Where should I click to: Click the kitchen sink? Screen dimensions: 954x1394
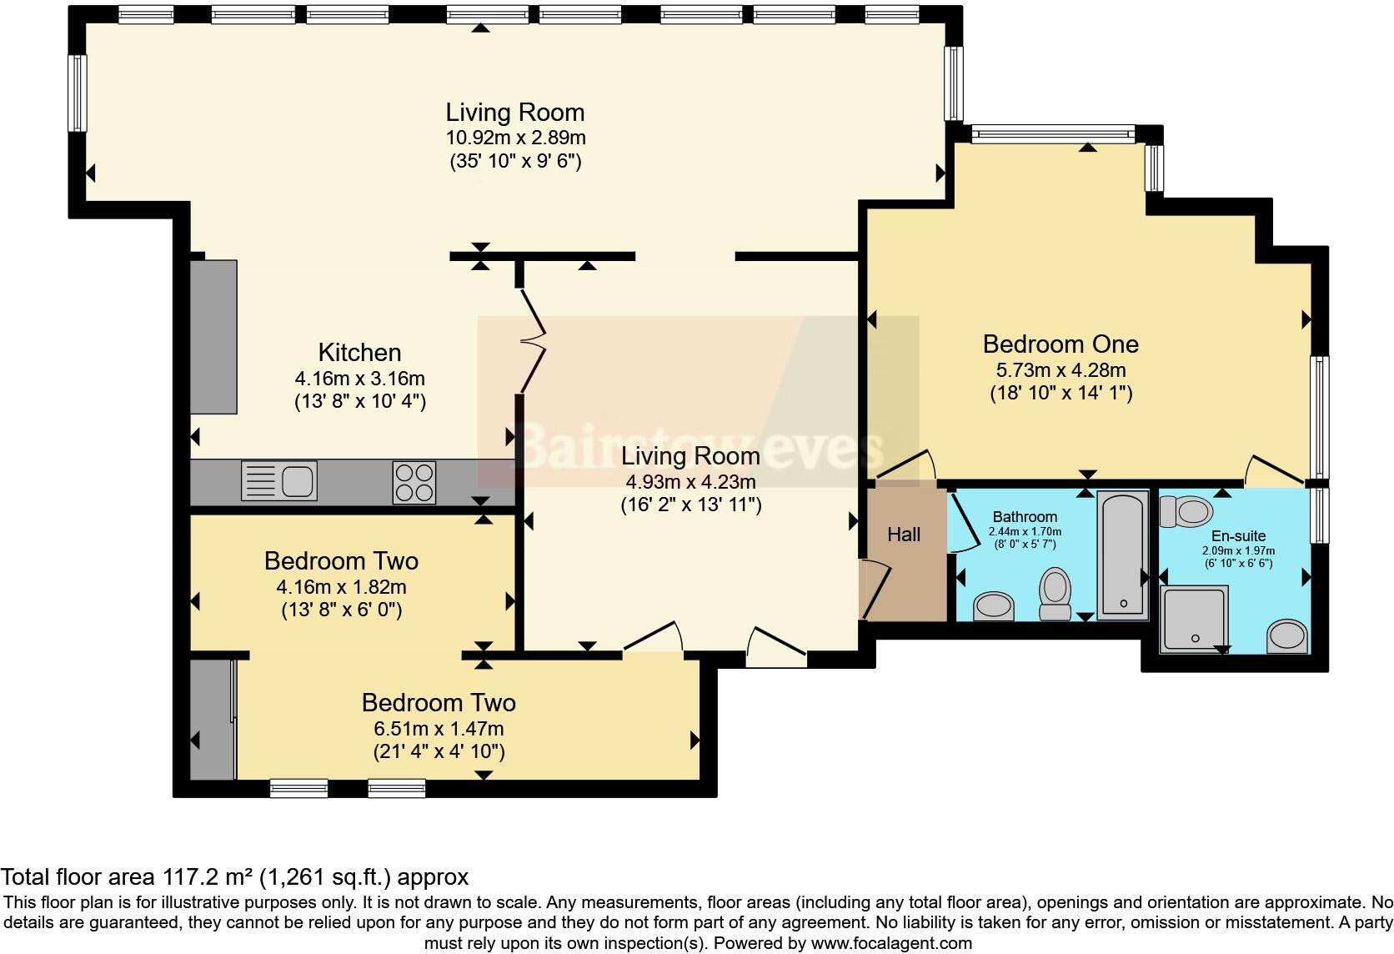[279, 480]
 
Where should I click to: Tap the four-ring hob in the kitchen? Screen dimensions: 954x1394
[414, 482]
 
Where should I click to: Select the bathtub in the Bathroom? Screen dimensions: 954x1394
[1122, 555]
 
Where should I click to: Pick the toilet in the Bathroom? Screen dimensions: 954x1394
[1056, 594]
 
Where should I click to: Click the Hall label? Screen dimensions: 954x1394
[904, 535]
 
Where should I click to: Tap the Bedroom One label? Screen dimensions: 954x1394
[1061, 344]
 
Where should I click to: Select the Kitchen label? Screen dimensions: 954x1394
[359, 352]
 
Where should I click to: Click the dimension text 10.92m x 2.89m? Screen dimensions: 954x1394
[515, 138]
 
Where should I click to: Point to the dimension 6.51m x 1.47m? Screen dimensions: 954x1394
[439, 728]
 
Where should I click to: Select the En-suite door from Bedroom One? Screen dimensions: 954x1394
[1274, 471]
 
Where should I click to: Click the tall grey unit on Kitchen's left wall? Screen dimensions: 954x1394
[213, 337]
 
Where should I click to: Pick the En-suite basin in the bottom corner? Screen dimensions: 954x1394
[1286, 636]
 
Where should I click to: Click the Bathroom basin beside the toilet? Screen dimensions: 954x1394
[994, 605]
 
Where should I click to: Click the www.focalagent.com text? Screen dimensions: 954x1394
[891, 943]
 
